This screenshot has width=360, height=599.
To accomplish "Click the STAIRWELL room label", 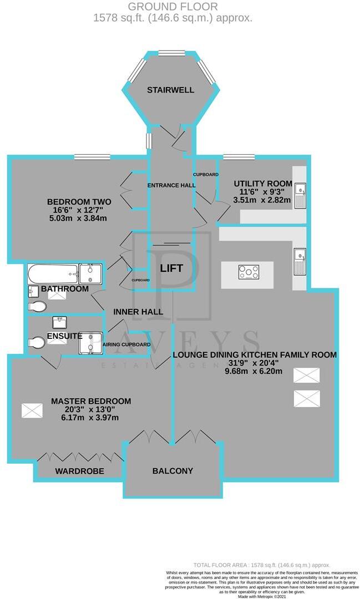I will pyautogui.click(x=170, y=90).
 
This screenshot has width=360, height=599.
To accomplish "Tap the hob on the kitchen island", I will pyautogui.click(x=248, y=272).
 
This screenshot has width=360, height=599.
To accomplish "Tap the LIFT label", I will pyautogui.click(x=171, y=268).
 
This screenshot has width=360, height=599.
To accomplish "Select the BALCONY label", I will pyautogui.click(x=173, y=471).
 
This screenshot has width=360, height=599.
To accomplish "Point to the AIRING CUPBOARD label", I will pyautogui.click(x=128, y=344).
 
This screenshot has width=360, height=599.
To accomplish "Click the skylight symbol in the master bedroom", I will pyautogui.click(x=32, y=411).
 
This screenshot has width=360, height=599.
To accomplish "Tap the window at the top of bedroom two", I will pyautogui.click(x=92, y=158).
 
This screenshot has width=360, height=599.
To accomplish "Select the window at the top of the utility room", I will pyautogui.click(x=239, y=158).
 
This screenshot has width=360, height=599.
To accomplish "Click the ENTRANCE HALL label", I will pyautogui.click(x=171, y=185).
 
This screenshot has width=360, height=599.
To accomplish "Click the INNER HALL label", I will pyautogui.click(x=138, y=312).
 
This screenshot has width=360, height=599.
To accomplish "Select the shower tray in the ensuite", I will pyautogui.click(x=91, y=342).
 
